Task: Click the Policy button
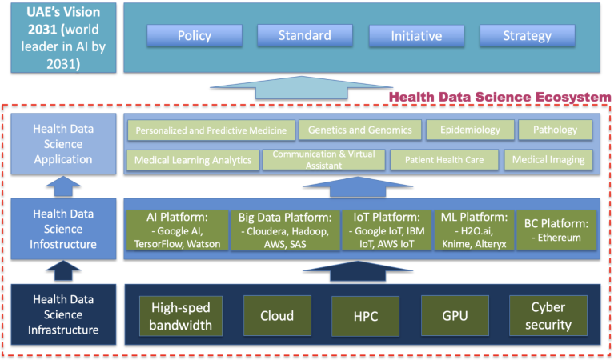pyautogui.click(x=194, y=36)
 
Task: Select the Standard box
pyautogui.click(x=304, y=36)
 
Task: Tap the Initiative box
pyautogui.click(x=415, y=36)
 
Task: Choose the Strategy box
pyautogui.click(x=527, y=36)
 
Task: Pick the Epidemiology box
pyautogui.click(x=469, y=130)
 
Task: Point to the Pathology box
pyautogui.click(x=555, y=130)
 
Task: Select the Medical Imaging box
pyautogui.click(x=548, y=160)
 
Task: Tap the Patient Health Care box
pyautogui.click(x=444, y=160)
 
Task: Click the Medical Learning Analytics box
pyautogui.click(x=192, y=160)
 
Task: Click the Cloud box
pyautogui.click(x=277, y=314)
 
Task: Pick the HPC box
pyautogui.click(x=364, y=314)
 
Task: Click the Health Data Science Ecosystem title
pyautogui.click(x=500, y=98)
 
